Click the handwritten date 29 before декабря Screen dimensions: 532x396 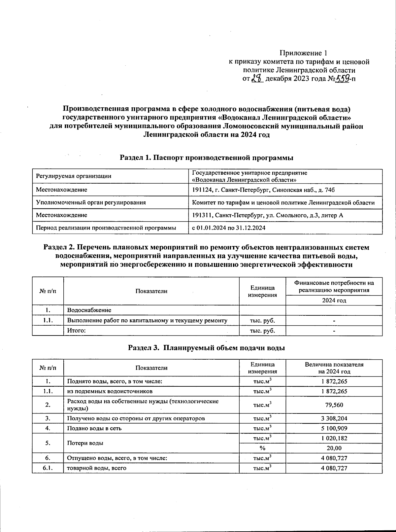[x=257, y=79]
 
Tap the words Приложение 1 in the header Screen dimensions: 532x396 [x=303, y=53]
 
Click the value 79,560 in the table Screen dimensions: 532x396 [x=334, y=405]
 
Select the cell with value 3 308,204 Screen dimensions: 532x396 [x=334, y=418]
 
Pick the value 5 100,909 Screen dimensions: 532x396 [x=334, y=428]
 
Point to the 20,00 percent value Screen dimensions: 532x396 [x=334, y=448]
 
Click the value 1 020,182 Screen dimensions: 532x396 [x=334, y=438]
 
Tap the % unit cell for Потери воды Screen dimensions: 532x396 [x=262, y=448]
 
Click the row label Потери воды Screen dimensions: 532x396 [x=85, y=443]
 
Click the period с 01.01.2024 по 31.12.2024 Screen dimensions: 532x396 [x=229, y=228]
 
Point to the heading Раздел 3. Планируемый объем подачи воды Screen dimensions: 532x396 [x=207, y=348]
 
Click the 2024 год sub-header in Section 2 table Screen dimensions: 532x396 [x=334, y=300]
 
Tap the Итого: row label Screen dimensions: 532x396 [x=77, y=331]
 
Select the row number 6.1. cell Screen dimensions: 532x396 [x=48, y=468]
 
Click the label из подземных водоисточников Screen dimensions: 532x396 [x=110, y=391]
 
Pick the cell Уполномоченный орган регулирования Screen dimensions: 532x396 [x=91, y=202]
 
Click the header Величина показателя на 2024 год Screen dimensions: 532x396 [x=334, y=368]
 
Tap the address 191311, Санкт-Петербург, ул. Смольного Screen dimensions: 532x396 [x=268, y=215]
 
